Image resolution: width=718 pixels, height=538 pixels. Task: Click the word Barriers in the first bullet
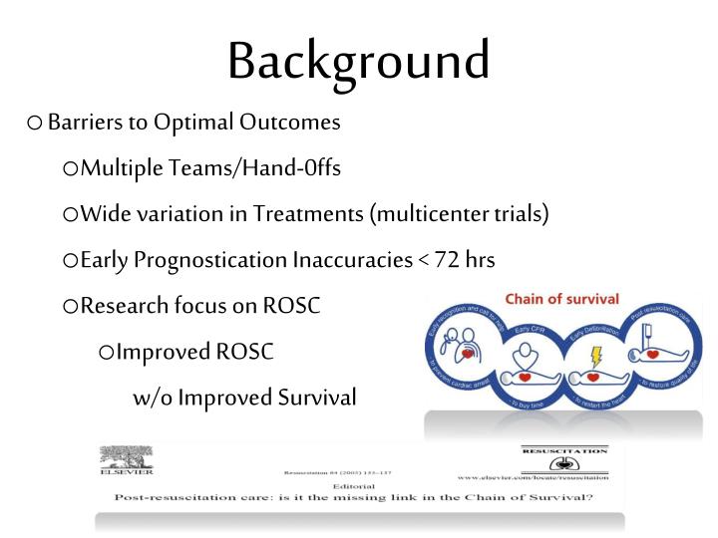(85, 124)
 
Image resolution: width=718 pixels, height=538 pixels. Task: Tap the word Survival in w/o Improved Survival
(310, 398)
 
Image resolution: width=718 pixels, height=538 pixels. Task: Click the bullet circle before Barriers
(35, 125)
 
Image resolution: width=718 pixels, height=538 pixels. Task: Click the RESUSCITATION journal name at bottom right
(563, 450)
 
